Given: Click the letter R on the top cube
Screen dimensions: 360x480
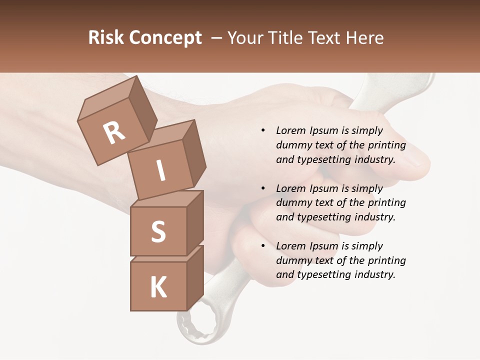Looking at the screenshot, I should [x=114, y=133].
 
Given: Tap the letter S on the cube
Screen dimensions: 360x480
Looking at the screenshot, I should [x=158, y=231].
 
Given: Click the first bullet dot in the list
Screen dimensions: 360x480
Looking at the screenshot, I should [x=263, y=130].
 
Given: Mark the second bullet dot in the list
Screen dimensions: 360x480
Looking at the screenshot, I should [x=263, y=188].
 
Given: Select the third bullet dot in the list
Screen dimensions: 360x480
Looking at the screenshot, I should [x=263, y=246].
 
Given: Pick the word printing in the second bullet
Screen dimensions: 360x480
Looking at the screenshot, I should [x=386, y=202].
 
